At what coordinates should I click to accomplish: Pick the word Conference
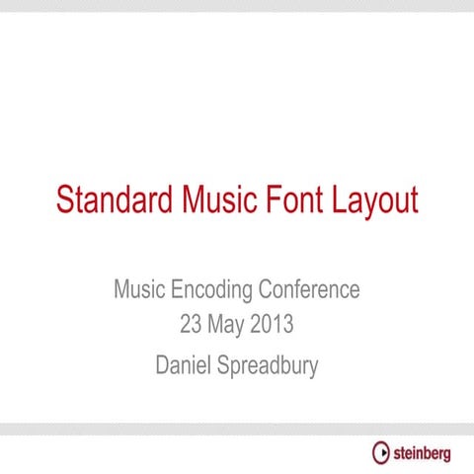tap(309, 290)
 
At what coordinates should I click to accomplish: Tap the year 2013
tap(272, 324)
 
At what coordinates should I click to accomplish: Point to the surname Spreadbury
tap(267, 367)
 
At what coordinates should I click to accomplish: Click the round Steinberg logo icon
tap(381, 453)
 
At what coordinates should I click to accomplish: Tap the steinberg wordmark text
tap(423, 454)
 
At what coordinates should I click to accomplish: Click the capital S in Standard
tap(65, 199)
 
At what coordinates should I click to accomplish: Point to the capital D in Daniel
tap(163, 365)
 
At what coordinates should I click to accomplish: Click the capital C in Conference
tap(267, 290)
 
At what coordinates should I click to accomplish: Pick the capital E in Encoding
tap(179, 290)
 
